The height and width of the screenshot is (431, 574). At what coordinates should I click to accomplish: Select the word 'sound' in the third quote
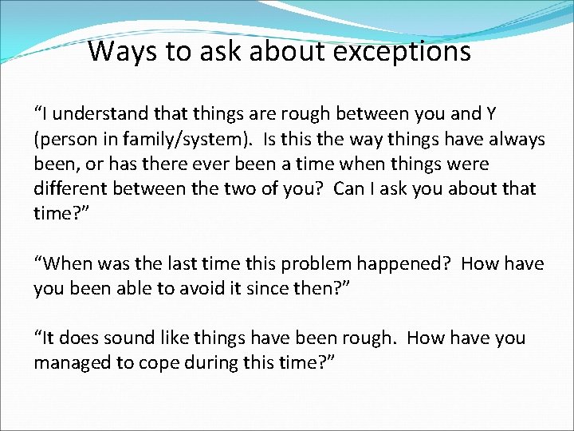point(135,338)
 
